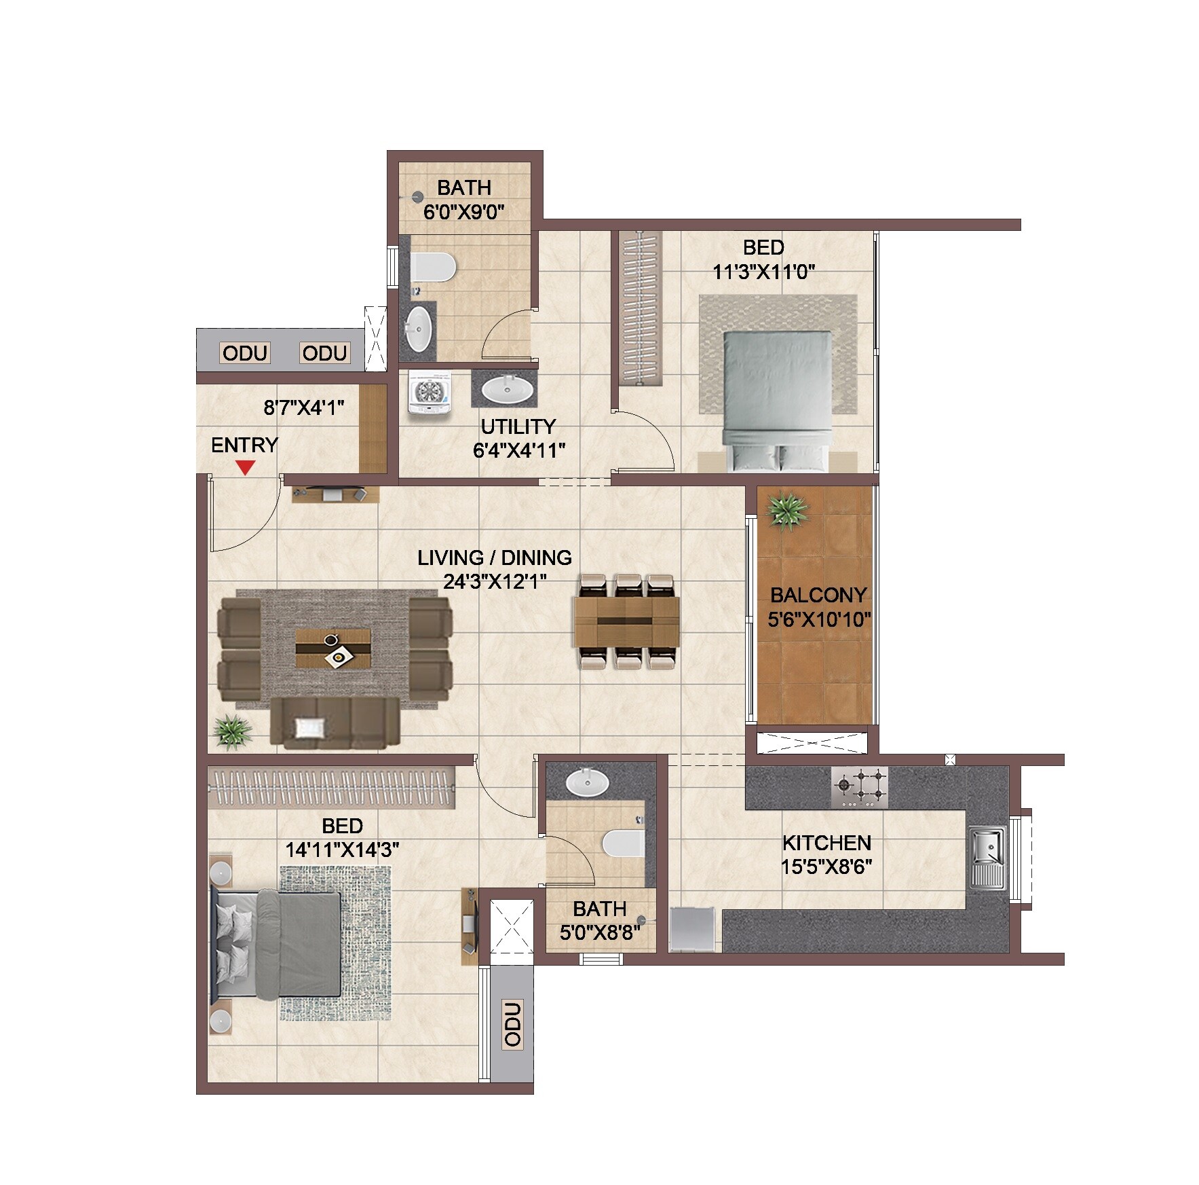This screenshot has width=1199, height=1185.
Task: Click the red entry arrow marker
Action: pyautogui.click(x=245, y=467)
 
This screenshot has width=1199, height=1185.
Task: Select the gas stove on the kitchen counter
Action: pyautogui.click(x=860, y=787)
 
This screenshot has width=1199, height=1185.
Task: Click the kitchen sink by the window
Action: pyautogui.click(x=987, y=857)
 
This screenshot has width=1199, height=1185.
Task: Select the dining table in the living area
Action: pyautogui.click(x=626, y=621)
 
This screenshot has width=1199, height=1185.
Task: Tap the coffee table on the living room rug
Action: pyautogui.click(x=333, y=649)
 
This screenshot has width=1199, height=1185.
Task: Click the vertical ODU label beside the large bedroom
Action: pyautogui.click(x=513, y=1023)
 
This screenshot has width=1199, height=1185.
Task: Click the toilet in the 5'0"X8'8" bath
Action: pyautogui.click(x=623, y=843)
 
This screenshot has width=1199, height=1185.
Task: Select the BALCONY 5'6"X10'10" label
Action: pyautogui.click(x=818, y=607)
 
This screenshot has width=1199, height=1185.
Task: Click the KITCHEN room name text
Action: pyautogui.click(x=826, y=843)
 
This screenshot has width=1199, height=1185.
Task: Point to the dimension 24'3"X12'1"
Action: pyautogui.click(x=495, y=582)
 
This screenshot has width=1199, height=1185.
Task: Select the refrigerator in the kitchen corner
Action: pyautogui.click(x=691, y=928)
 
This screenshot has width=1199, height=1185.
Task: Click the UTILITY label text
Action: pyautogui.click(x=518, y=426)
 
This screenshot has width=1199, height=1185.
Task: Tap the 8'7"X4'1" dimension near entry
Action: pyautogui.click(x=303, y=407)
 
